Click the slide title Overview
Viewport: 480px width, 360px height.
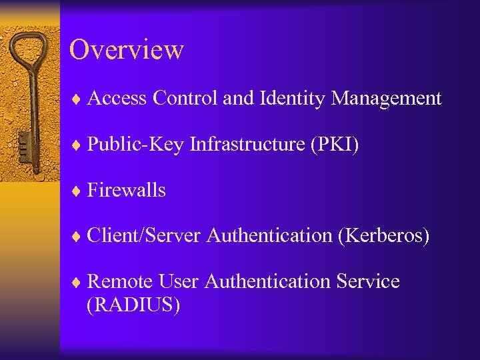coord(126,50)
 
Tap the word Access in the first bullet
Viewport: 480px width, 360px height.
coord(117,99)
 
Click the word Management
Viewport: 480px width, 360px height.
coord(386,99)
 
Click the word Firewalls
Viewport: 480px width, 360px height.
coord(126,190)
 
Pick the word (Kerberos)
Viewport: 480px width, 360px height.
coord(383,235)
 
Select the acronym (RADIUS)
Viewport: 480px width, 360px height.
coord(133,305)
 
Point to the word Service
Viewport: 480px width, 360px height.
coord(369,281)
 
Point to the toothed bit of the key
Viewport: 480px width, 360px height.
coord(25,143)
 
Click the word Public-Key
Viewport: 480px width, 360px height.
coord(135,145)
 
